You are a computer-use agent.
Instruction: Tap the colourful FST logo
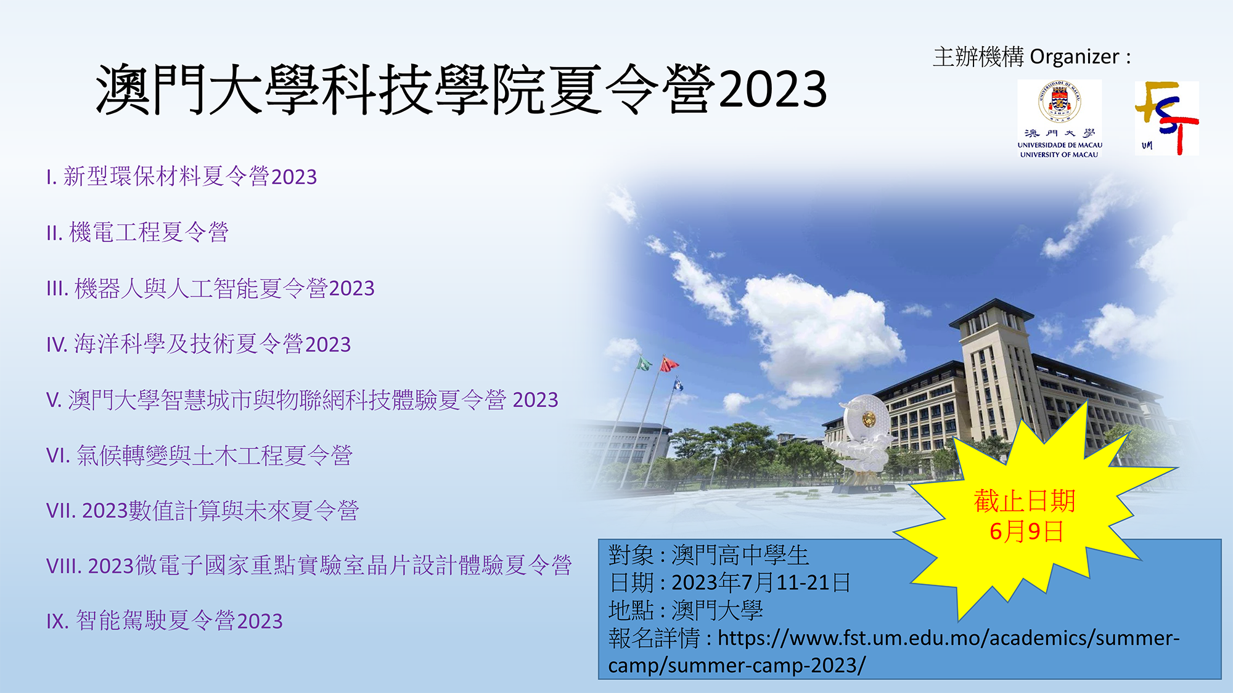1167,118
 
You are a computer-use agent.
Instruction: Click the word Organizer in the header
1074,57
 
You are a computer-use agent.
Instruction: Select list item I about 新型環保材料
182,177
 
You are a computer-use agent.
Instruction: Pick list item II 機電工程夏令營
137,233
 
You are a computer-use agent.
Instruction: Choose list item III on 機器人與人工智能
210,288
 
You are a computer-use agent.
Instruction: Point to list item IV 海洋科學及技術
199,344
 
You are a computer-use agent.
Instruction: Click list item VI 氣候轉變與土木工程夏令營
199,456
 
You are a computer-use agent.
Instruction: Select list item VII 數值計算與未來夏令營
202,511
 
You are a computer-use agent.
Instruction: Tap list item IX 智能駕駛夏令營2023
165,621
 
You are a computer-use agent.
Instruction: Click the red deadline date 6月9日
1026,531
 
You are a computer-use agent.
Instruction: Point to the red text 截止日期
1025,501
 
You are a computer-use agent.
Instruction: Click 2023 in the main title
772,89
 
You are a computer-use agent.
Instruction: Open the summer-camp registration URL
893,652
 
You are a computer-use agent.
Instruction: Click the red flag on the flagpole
668,364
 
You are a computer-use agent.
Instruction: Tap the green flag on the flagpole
644,363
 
